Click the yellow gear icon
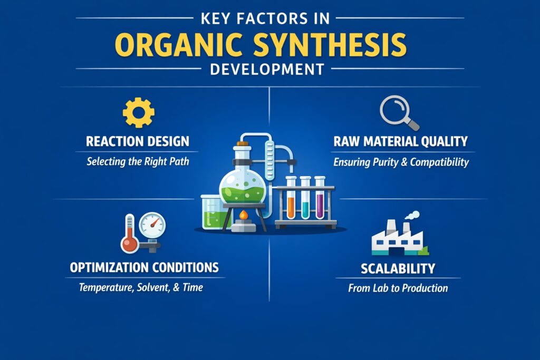[x=138, y=112]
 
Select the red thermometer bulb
[x=129, y=243]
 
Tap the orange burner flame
[x=243, y=215]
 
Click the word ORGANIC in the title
[x=172, y=46]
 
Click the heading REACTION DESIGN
[x=138, y=141]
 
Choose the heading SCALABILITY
[x=398, y=268]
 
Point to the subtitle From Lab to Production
[x=398, y=288]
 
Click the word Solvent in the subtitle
[x=152, y=288]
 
